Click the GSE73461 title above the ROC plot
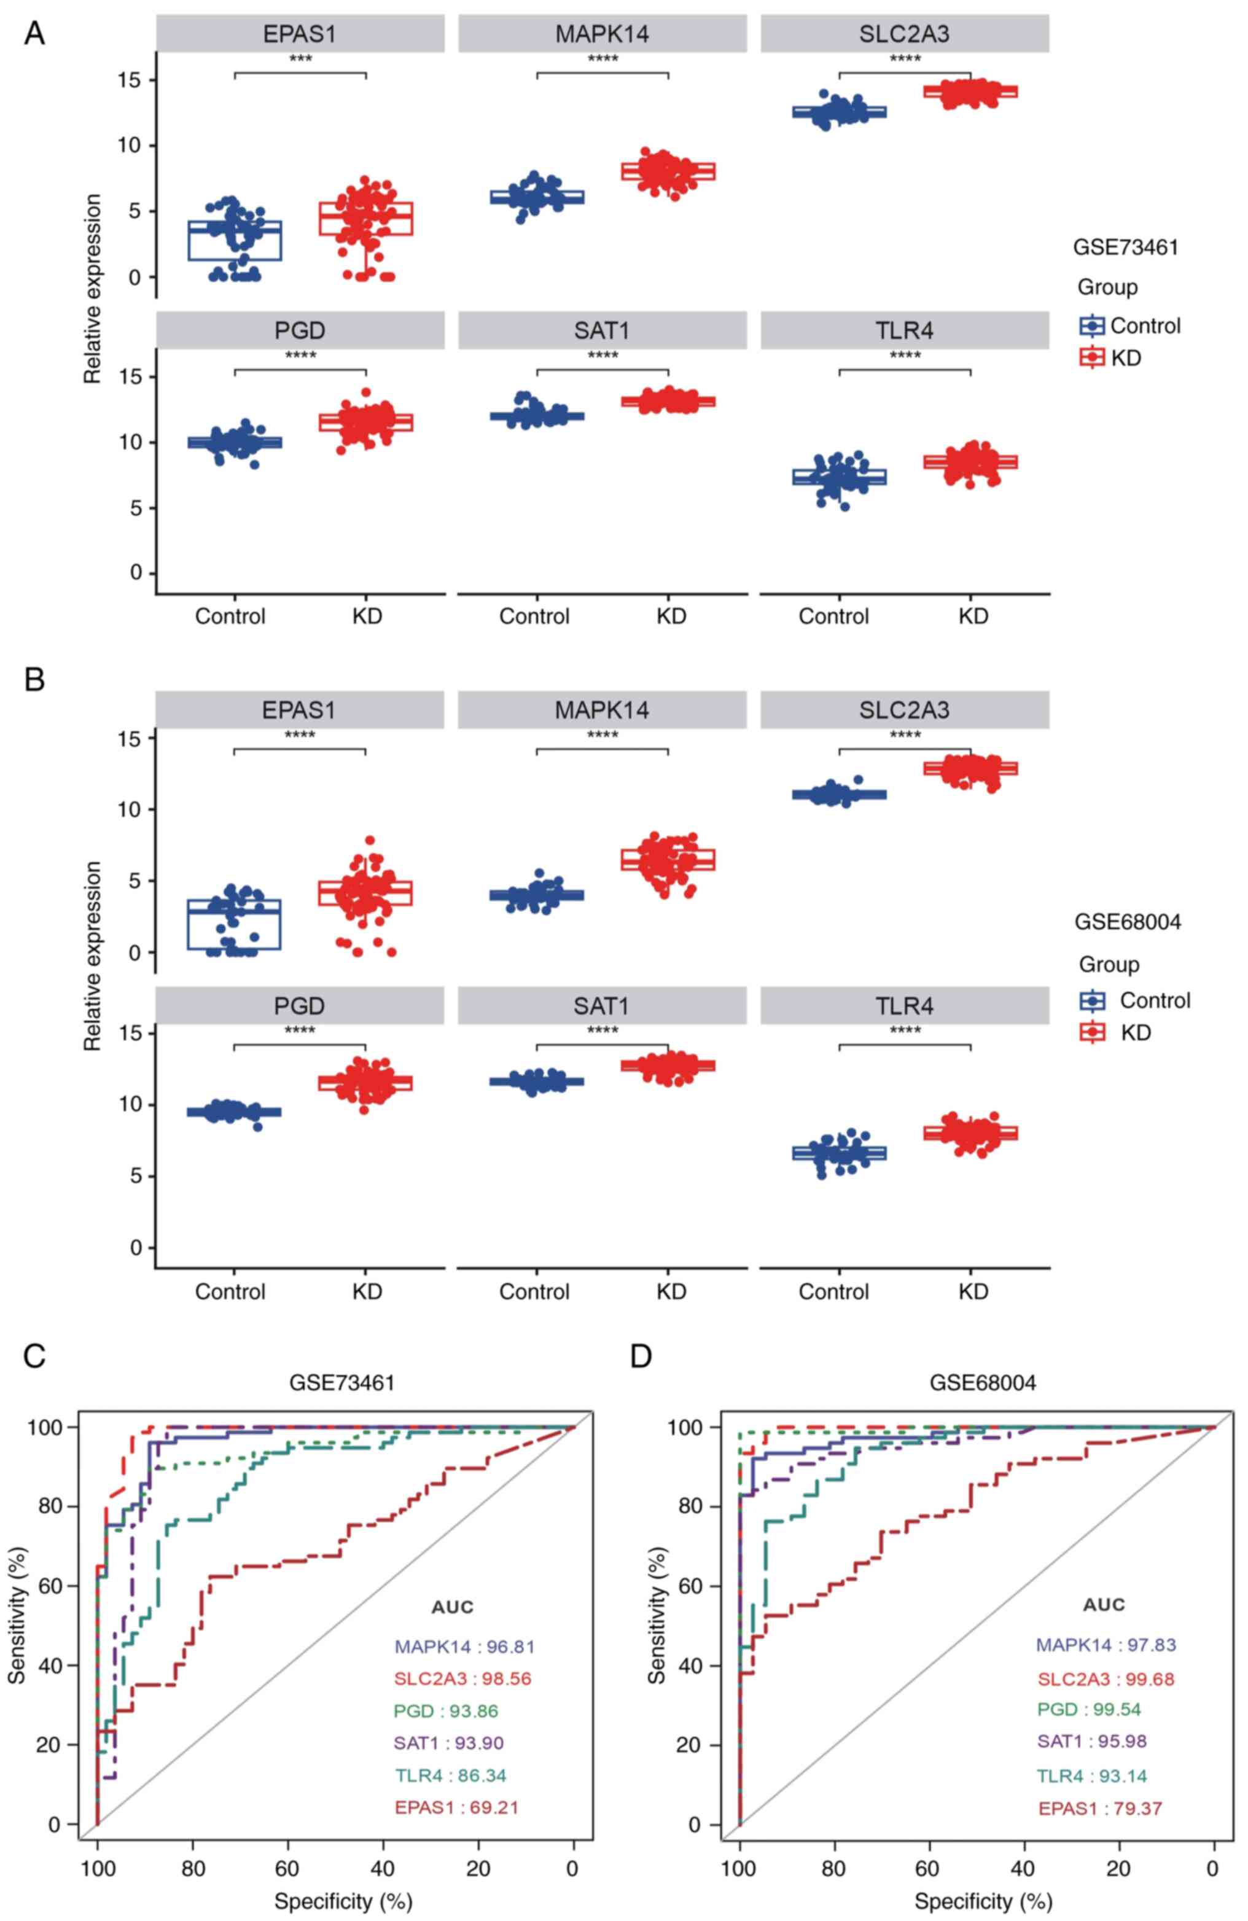click(342, 1382)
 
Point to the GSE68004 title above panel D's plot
click(983, 1382)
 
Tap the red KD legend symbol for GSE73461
click(1092, 357)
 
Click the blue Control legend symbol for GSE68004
click(1092, 1001)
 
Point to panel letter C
click(34, 1357)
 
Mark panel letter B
click(34, 680)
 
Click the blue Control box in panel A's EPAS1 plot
click(235, 241)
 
